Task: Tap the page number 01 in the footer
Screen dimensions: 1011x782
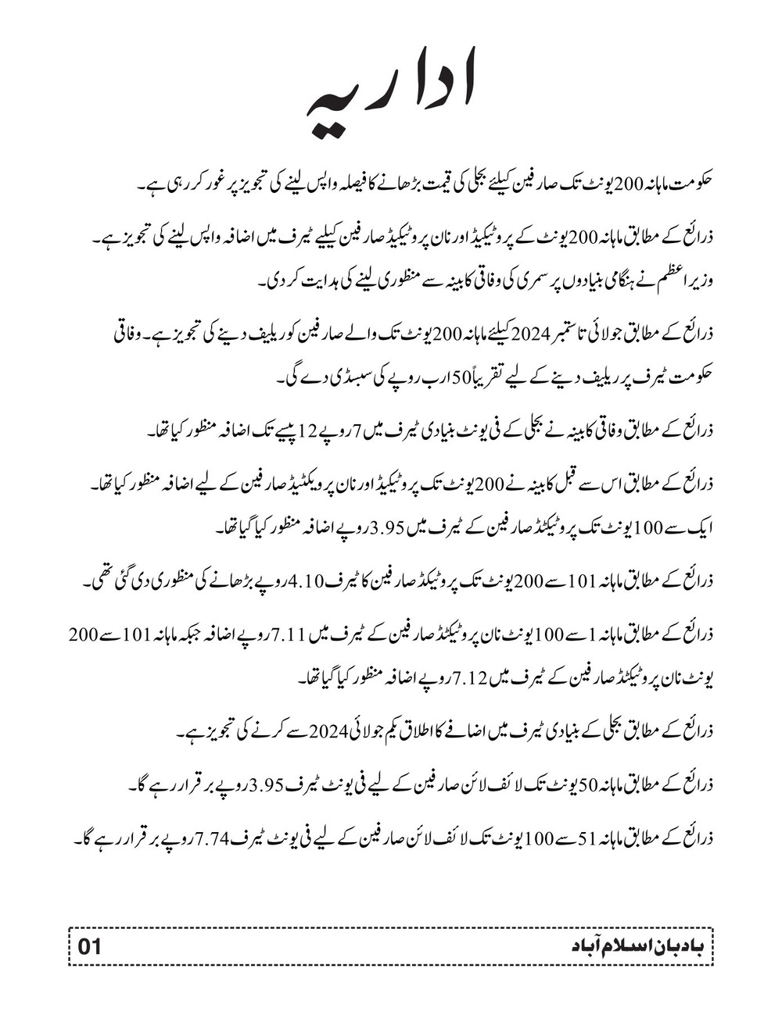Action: (x=90, y=947)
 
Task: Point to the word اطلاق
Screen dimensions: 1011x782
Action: (x=396, y=733)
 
